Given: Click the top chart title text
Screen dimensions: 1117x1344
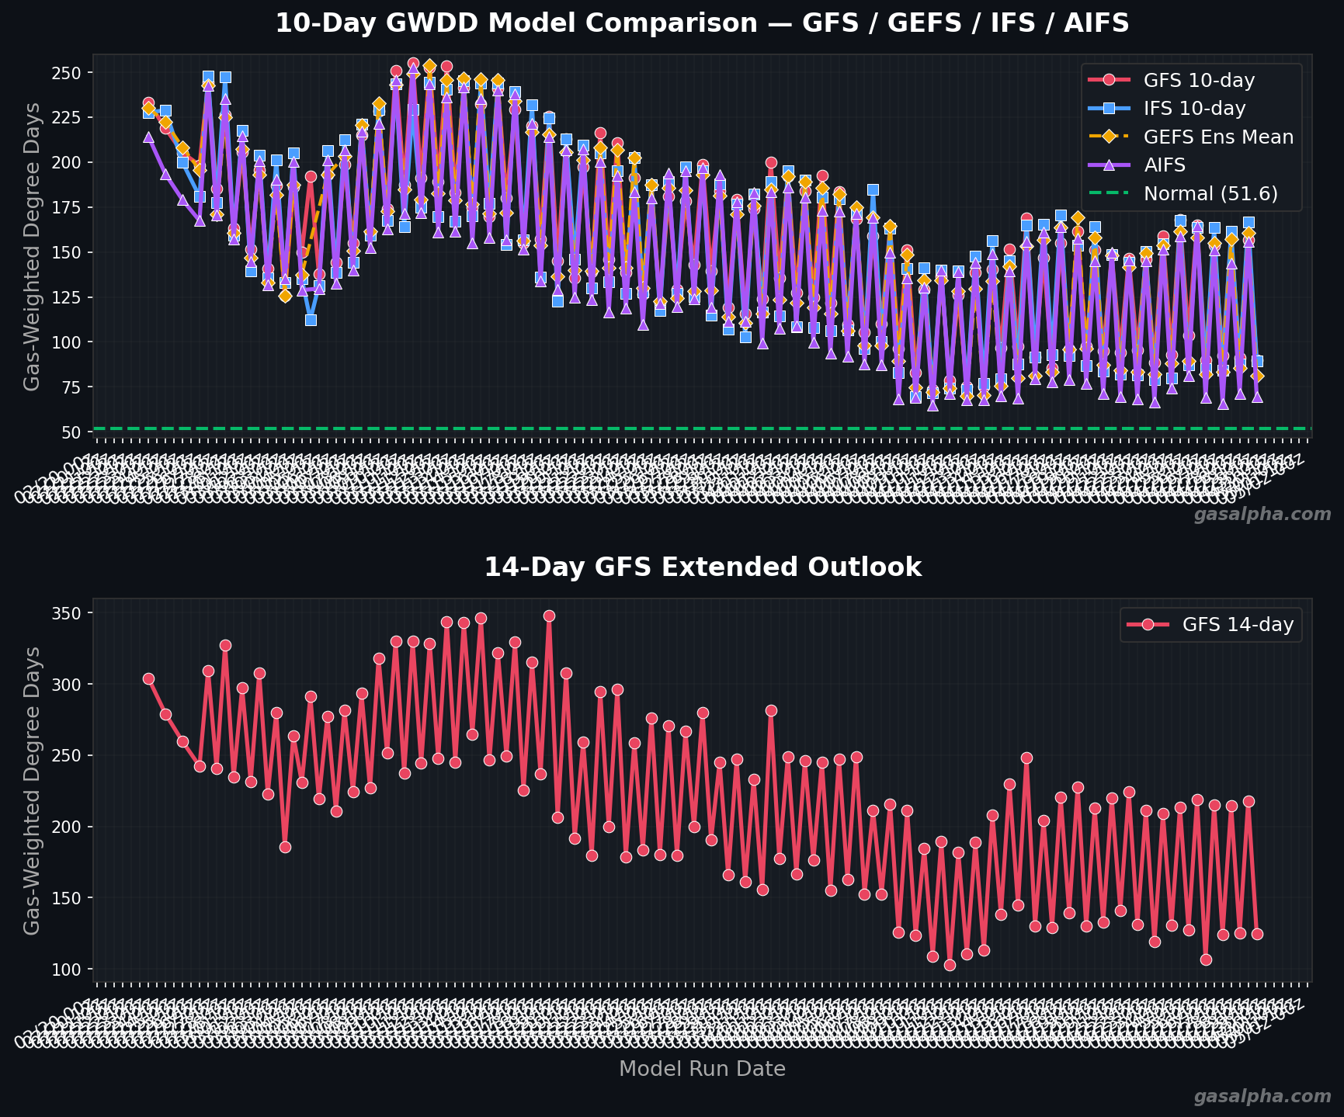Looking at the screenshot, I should tap(702, 23).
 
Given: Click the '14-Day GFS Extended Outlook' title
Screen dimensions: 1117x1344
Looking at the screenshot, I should tap(702, 567).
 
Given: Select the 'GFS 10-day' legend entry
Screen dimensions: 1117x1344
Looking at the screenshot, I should tap(1198, 80).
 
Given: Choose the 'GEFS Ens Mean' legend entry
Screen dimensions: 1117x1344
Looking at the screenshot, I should tap(1217, 137).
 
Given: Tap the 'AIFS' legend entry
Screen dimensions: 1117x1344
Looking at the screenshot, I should tap(1164, 165).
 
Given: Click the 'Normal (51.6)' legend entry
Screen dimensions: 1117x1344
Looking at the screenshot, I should tap(1210, 194).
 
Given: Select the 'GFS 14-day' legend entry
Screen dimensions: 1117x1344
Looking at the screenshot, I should tap(1237, 625).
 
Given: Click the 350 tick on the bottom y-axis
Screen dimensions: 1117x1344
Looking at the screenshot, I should tap(71, 613).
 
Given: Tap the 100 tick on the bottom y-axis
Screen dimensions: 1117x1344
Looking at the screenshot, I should tap(71, 970).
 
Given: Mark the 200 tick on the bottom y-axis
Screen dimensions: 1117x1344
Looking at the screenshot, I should tap(71, 827).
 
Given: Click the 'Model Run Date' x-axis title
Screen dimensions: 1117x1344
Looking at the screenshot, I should tap(702, 1069).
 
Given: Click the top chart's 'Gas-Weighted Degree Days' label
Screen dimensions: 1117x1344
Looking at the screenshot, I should tap(32, 247).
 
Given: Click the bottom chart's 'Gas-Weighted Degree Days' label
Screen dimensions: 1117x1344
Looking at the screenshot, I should tap(32, 790).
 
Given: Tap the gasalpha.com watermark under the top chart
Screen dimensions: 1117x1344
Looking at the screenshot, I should tap(1262, 515).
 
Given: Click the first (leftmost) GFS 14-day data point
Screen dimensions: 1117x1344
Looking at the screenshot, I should tap(148, 678).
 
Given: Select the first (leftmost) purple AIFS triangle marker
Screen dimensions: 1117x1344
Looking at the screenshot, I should tap(148, 137).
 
